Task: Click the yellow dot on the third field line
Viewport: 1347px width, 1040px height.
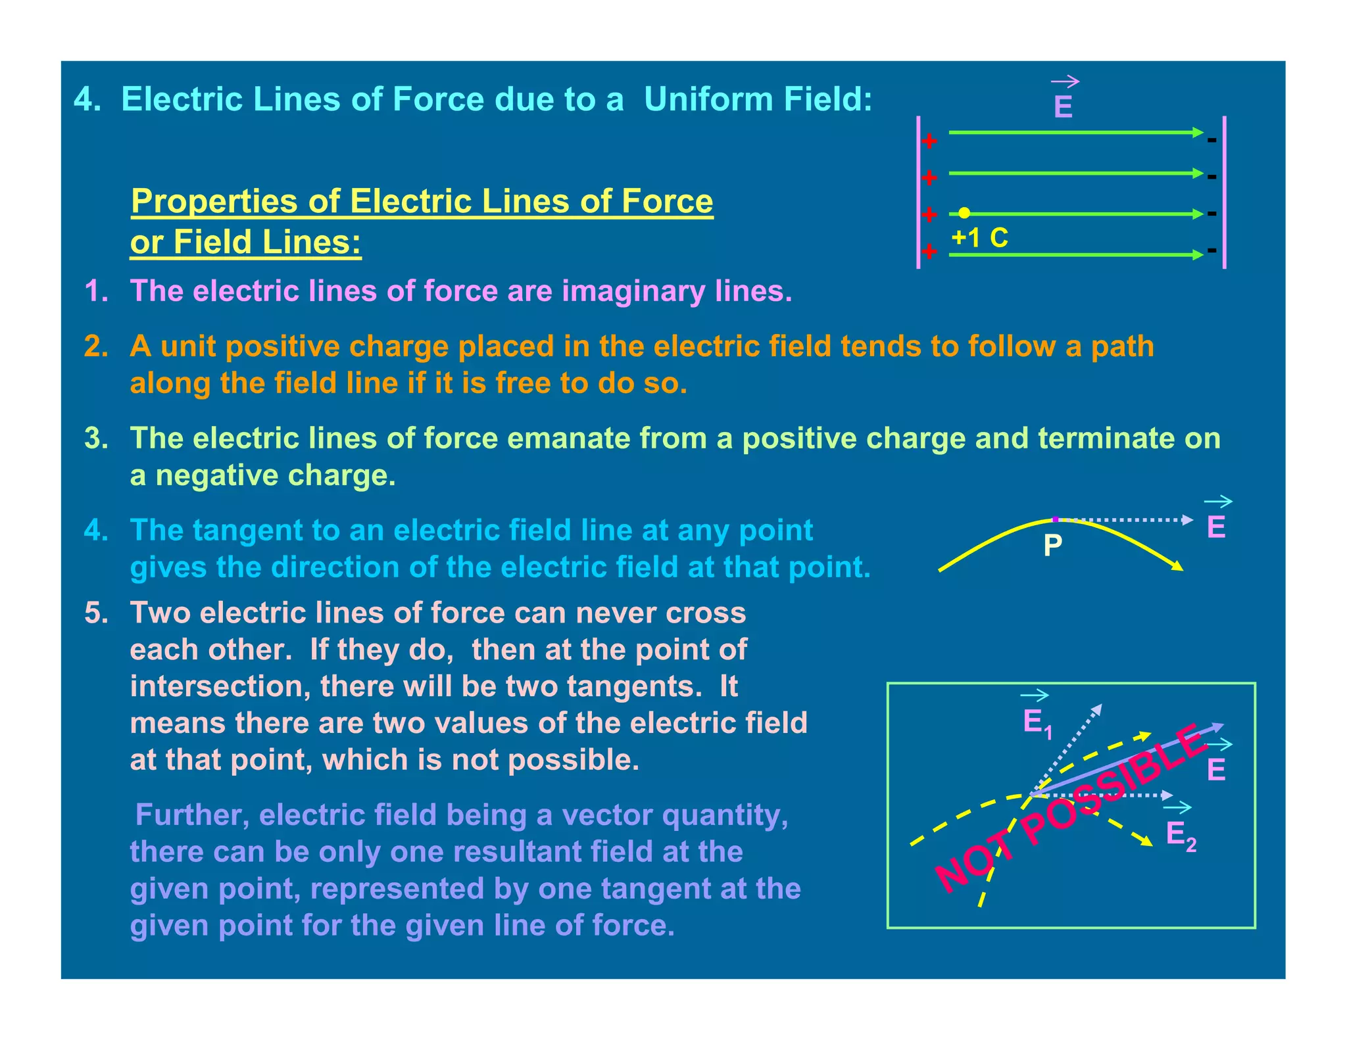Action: click(x=964, y=212)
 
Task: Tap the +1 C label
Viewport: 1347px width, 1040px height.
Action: click(x=979, y=237)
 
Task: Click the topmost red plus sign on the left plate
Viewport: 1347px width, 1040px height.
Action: click(x=929, y=141)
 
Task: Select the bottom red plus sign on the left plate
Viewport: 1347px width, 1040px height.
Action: click(x=929, y=251)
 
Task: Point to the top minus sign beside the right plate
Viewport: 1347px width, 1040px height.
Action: click(x=1212, y=139)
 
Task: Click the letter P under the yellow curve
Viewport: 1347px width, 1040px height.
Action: click(x=1052, y=545)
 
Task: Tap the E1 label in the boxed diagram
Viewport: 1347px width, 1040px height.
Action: click(x=1037, y=723)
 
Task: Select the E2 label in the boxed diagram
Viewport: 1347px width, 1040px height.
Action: click(x=1181, y=835)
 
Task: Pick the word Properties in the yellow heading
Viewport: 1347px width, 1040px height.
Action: click(x=214, y=201)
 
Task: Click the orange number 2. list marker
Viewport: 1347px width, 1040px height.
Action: click(x=96, y=346)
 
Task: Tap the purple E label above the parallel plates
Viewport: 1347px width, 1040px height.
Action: click(x=1063, y=107)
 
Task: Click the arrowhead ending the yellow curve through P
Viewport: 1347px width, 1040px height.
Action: click(x=1177, y=566)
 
